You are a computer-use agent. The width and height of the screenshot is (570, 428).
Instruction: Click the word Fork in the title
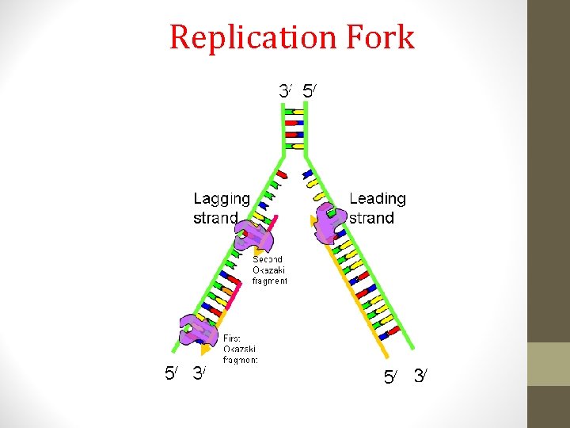[x=382, y=37]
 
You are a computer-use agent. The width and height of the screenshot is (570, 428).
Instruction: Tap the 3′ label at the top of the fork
[x=285, y=91]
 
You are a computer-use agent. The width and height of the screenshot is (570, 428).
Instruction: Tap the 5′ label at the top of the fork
[x=310, y=91]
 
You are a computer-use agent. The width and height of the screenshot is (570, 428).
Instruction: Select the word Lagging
[x=222, y=199]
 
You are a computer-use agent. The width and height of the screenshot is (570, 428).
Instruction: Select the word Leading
[x=377, y=198]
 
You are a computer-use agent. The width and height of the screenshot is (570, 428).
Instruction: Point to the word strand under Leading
[x=371, y=218]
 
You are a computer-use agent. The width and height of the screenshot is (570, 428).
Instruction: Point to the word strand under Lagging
[x=215, y=218]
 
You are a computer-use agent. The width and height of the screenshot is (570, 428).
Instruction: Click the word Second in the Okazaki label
[x=268, y=259]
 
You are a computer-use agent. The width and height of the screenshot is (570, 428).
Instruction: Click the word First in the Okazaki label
[x=234, y=338]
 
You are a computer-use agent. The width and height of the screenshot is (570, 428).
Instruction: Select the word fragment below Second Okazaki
[x=270, y=281]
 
